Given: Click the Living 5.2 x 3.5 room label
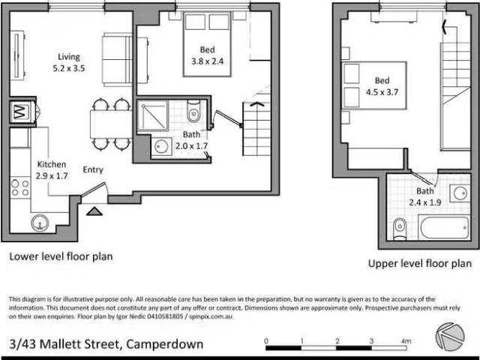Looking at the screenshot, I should coord(69,62).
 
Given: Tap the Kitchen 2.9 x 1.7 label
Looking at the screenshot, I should coord(51,170).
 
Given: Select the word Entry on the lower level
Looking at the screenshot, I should coord(93,169).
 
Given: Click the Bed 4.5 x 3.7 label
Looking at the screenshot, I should coord(382,87).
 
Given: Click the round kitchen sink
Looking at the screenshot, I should coord(40,222).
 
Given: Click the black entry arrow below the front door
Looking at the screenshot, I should coord(93,211).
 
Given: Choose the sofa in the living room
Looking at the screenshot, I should coord(117,58).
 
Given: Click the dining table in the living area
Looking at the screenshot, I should coord(111,123).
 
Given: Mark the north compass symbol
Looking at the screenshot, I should coord(448,335).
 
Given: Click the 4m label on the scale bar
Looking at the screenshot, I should coord(406,341).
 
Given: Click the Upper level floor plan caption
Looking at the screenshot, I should coord(419,263).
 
